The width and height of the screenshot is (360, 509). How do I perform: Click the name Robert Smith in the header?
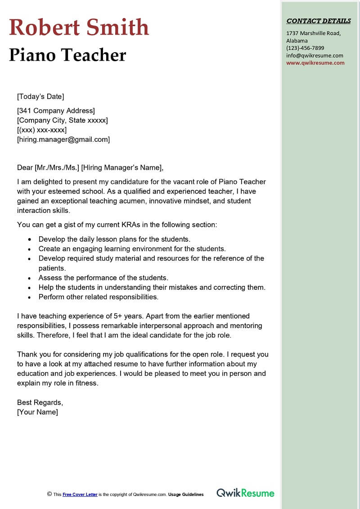[x=79, y=27]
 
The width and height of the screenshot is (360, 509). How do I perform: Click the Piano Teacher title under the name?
[x=67, y=55]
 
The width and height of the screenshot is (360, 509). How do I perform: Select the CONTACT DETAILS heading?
[x=319, y=21]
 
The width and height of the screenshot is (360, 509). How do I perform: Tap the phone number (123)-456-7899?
[x=305, y=48]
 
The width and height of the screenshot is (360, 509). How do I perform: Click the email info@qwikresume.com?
[x=315, y=55]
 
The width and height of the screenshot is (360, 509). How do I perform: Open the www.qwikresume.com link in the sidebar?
[x=315, y=63]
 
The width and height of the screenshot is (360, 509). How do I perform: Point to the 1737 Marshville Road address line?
[x=313, y=33]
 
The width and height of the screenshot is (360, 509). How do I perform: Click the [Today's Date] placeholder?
[x=40, y=96]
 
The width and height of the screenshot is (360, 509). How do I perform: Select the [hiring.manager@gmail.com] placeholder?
[x=63, y=140]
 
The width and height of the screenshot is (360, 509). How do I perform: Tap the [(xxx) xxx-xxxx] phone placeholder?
[x=42, y=130]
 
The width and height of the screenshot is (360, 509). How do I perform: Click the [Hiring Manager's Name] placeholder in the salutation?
[x=122, y=168]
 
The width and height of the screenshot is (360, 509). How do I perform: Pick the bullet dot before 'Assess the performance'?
[x=29, y=278]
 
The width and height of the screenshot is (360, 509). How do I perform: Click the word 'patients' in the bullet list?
[x=52, y=268]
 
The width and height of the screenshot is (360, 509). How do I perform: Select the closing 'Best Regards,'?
[x=40, y=402]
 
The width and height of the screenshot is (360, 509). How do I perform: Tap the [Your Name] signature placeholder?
[x=37, y=412]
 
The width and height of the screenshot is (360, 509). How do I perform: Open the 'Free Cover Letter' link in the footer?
[x=80, y=494]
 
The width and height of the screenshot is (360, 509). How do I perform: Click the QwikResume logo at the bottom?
[x=245, y=493]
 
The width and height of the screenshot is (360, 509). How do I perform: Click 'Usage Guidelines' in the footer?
[x=186, y=494]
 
